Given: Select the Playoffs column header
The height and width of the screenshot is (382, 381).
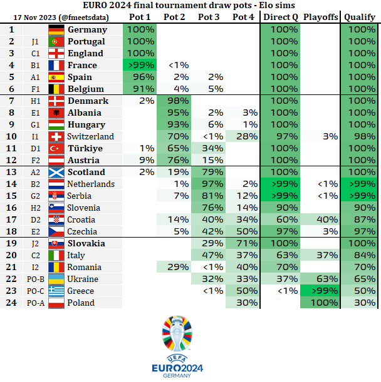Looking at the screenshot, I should click(x=320, y=17).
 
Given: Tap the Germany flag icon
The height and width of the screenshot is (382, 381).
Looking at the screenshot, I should click(x=56, y=29).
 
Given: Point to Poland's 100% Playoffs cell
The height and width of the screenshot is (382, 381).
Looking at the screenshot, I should click(x=320, y=303).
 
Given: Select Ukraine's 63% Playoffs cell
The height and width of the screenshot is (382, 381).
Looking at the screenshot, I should click(x=320, y=279).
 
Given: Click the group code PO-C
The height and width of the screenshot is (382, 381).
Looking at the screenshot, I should click(x=36, y=291).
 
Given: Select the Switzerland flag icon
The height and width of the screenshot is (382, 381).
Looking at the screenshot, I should click(x=56, y=136).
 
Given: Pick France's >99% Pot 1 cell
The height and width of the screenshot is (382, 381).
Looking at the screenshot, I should click(x=140, y=65).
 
